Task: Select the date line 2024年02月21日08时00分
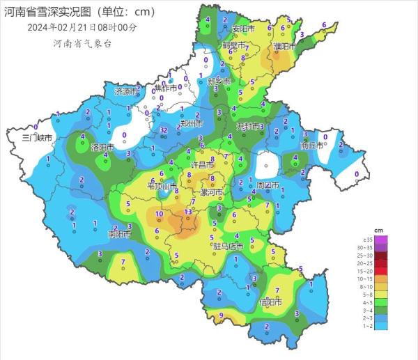[x=82, y=27]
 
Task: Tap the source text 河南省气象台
[x=82, y=43]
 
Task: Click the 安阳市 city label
[x=244, y=29]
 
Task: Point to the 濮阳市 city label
[x=284, y=47]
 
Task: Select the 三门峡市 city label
[x=38, y=138]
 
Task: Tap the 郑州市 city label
[x=191, y=124]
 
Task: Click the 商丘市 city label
[x=311, y=146]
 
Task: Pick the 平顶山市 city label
[x=160, y=186]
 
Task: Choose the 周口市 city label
[x=268, y=186]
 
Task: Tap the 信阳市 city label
[x=270, y=302]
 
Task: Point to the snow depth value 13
[x=187, y=212]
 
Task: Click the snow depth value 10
[x=159, y=214]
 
